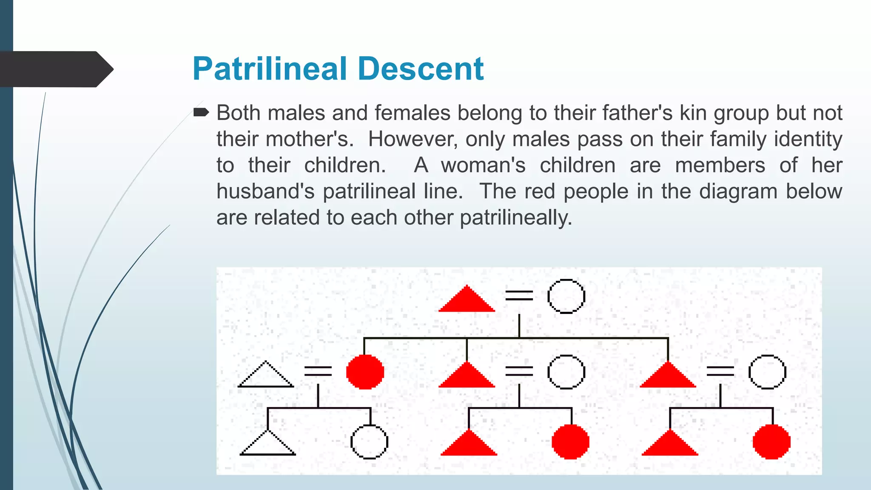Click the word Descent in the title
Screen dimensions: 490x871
(421, 69)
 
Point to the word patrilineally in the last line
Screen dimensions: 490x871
(516, 218)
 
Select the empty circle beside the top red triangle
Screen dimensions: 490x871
(566, 296)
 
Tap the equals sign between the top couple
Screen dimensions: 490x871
(519, 295)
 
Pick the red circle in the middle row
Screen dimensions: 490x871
(365, 372)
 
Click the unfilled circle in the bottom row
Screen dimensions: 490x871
(369, 442)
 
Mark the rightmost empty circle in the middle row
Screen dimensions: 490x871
(767, 372)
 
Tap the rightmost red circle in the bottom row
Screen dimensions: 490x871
(771, 442)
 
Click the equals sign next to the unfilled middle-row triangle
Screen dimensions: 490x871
(318, 371)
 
